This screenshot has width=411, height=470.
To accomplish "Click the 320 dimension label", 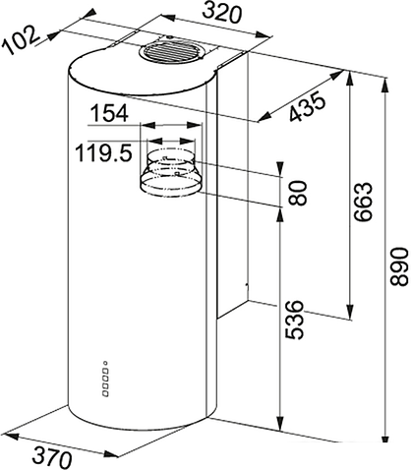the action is (221, 13).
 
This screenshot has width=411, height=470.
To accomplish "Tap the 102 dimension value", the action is (21, 40).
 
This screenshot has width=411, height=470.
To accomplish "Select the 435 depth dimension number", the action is (308, 106).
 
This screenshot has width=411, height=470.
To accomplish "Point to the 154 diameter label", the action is (109, 113).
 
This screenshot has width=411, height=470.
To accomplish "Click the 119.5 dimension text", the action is (103, 152).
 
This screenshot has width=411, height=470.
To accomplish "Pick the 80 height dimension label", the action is (298, 193).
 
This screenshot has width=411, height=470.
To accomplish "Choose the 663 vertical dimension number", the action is (363, 202).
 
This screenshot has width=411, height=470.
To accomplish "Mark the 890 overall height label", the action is (399, 266).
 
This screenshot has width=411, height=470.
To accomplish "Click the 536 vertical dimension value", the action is (294, 320).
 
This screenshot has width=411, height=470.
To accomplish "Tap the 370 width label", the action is (52, 457).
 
